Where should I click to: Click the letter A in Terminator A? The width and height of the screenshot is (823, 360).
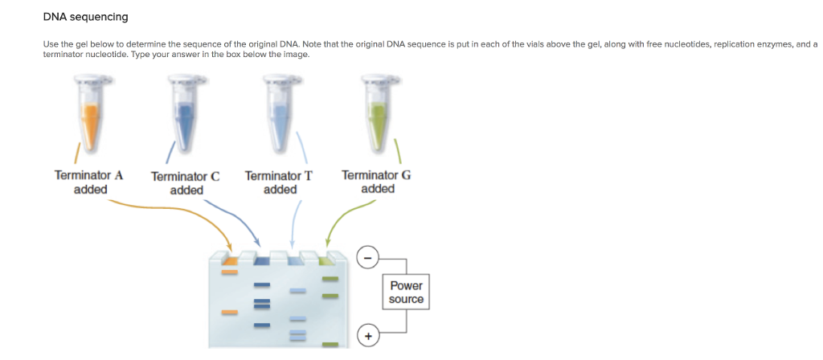pyautogui.click(x=118, y=175)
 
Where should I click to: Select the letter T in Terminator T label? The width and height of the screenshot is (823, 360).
pyautogui.click(x=309, y=175)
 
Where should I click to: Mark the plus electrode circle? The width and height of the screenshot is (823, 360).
pyautogui.click(x=366, y=335)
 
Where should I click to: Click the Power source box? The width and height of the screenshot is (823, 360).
pyautogui.click(x=406, y=292)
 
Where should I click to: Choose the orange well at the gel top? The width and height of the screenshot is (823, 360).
pyautogui.click(x=229, y=260)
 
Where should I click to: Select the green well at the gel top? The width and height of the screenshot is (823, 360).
pyautogui.click(x=326, y=260)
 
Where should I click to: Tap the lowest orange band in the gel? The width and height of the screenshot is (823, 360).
pyautogui.click(x=229, y=313)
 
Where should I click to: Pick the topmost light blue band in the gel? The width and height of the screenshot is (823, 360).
pyautogui.click(x=297, y=290)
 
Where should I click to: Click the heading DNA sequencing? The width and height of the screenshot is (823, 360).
pyautogui.click(x=85, y=17)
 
